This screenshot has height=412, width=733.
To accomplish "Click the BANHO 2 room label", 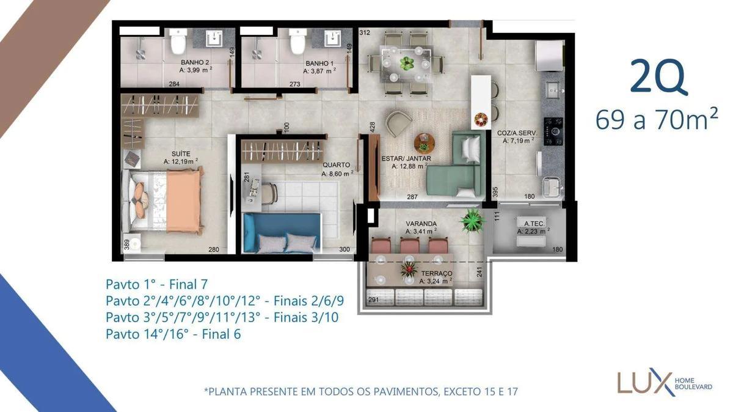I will coord(195,62).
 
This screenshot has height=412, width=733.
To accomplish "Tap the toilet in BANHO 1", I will coord(297,43).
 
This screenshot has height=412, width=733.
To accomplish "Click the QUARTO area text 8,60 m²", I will coord(337,174).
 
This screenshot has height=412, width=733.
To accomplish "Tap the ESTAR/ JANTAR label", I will coord(406,158).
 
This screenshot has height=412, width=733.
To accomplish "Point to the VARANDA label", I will coord(421,223).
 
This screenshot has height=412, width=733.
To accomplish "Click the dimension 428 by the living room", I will coord(372,126).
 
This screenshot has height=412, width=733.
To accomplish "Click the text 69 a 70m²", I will coord(656,120).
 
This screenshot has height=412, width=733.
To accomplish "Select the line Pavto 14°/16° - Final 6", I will coord(173,334).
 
